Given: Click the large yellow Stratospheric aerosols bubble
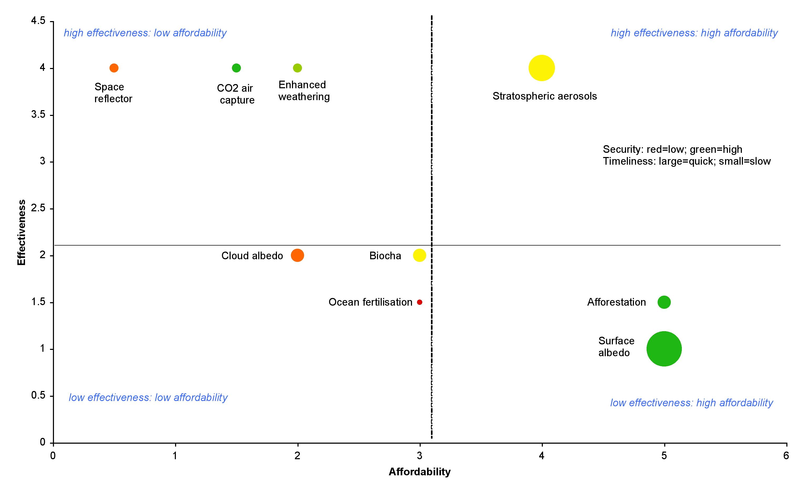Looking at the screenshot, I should (542, 68).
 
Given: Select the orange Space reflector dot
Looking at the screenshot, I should (114, 68).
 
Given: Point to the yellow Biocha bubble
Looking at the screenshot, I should (419, 255).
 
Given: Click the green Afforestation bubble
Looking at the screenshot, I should (664, 302).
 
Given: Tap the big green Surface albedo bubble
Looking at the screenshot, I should (664, 349).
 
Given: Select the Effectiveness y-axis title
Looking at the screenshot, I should (22, 232).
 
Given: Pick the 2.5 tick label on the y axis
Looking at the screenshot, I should (38, 208).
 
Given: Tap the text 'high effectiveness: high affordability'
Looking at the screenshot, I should (694, 33).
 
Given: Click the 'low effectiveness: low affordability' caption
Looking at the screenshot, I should (148, 398).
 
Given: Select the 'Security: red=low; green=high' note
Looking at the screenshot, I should (672, 149).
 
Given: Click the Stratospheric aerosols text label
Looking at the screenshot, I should (544, 96).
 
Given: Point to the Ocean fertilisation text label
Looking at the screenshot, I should (370, 302).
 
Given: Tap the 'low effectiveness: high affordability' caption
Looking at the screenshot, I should (691, 403).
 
